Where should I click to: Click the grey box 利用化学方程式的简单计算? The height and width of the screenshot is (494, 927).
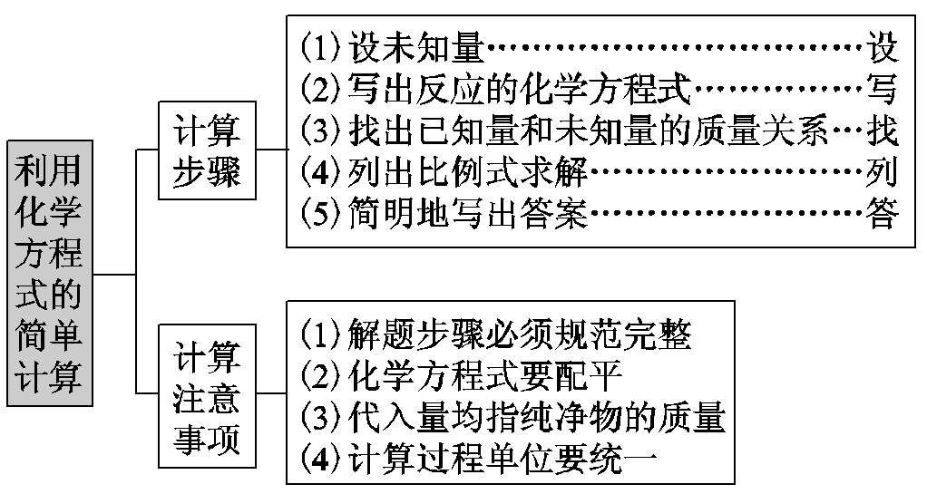click(x=49, y=273)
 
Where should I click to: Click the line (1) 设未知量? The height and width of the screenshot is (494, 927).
click(x=394, y=45)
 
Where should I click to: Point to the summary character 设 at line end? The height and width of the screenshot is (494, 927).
click(x=882, y=45)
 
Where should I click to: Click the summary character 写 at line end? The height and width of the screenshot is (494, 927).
click(x=882, y=89)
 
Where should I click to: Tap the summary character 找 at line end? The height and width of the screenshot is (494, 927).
click(x=882, y=132)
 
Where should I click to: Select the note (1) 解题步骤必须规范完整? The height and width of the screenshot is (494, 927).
click(x=496, y=334)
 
